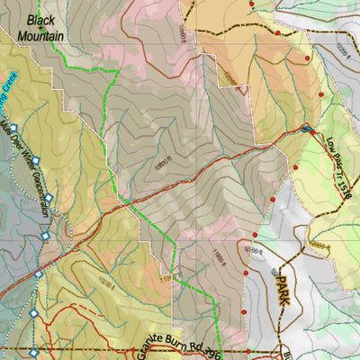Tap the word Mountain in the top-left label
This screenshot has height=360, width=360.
(x=44, y=36)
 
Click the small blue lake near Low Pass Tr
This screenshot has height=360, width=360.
(x=309, y=130)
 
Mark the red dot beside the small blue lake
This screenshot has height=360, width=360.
(x=303, y=127)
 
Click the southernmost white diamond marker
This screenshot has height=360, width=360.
(x=34, y=353)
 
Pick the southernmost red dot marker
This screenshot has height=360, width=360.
(x=248, y=351)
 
